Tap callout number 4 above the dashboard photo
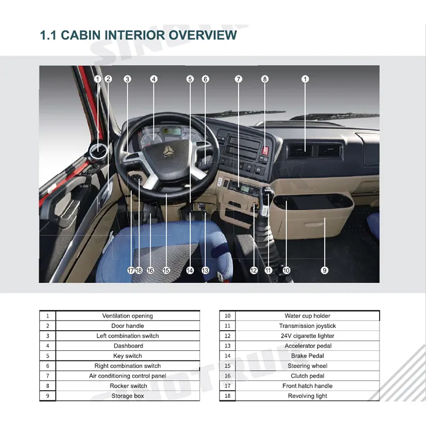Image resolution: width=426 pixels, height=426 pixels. [x=154, y=79]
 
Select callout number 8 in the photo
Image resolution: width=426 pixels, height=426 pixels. [x=265, y=79]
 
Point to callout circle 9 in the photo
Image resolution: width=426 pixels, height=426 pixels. [x=324, y=270]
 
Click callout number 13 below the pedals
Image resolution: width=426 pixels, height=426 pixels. [x=205, y=270]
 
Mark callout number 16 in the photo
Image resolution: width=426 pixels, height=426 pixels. [x=150, y=270]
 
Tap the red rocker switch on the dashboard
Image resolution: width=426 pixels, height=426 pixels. [x=265, y=151]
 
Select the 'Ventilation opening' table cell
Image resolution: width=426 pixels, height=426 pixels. [x=127, y=316]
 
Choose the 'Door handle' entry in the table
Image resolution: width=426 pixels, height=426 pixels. [x=127, y=326]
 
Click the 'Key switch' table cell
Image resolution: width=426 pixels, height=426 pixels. [x=127, y=356]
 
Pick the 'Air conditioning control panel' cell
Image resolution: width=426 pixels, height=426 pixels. [x=127, y=376]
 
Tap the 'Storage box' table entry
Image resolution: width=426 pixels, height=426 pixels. [x=127, y=396]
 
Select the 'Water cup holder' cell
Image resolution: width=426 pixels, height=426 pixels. [x=307, y=316]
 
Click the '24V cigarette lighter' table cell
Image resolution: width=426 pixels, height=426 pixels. [x=307, y=336]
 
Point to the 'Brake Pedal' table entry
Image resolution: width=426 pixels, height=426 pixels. [x=307, y=356]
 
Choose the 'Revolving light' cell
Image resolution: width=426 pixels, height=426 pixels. [x=307, y=396]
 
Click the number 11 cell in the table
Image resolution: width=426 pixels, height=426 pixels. [x=227, y=326]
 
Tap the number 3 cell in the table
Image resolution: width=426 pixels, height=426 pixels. [x=47, y=336]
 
